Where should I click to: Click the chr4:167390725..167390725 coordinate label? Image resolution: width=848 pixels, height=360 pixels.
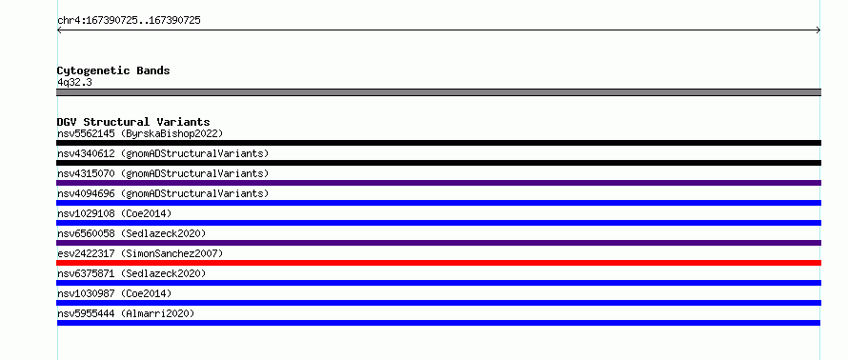click(x=129, y=21)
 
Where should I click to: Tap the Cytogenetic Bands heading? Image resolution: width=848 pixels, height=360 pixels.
click(x=113, y=70)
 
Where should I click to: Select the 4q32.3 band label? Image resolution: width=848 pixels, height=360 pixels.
click(x=74, y=83)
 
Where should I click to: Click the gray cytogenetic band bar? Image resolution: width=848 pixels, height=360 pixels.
click(x=438, y=92)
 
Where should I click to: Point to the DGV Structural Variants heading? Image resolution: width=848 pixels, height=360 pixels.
click(x=133, y=122)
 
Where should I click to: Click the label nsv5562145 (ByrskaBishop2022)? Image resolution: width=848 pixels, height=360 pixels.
click(x=140, y=133)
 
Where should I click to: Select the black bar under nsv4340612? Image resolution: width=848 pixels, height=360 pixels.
click(x=438, y=163)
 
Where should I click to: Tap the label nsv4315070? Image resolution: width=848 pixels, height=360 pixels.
click(x=86, y=173)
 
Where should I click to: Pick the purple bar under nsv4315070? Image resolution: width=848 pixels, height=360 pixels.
click(x=438, y=183)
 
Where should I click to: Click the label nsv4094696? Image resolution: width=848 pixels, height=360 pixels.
click(x=86, y=193)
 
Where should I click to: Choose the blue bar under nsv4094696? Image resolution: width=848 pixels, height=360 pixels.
click(x=438, y=203)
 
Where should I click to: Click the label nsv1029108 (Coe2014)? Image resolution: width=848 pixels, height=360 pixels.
click(x=114, y=213)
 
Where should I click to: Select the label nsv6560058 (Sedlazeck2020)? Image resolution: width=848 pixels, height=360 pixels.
click(x=131, y=233)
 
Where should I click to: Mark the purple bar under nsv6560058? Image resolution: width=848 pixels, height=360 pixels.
click(x=438, y=243)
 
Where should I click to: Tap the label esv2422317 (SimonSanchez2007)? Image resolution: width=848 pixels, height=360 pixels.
click(x=140, y=253)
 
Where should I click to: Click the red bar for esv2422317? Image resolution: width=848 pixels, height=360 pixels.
click(x=438, y=263)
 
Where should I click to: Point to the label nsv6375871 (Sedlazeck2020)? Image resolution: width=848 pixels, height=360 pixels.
click(x=131, y=273)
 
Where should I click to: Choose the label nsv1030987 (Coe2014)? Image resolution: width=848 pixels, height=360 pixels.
click(x=114, y=293)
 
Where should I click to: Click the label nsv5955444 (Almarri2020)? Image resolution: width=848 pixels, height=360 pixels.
click(x=126, y=313)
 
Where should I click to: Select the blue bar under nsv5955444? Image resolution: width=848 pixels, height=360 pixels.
click(x=438, y=323)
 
